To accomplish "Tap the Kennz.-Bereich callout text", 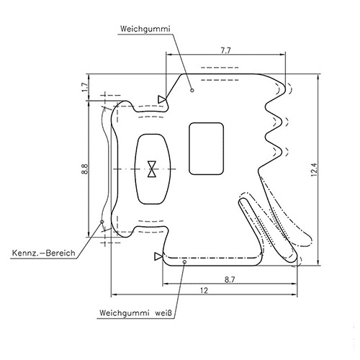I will (44, 253).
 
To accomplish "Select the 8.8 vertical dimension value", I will (84, 169).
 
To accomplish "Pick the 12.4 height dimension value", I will (315, 171).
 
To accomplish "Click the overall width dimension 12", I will (204, 290).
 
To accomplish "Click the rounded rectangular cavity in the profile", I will (207, 148).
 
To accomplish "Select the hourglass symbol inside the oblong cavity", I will (152, 169).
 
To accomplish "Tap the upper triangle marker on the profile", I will (163, 99).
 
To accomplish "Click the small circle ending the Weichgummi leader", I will (192, 90).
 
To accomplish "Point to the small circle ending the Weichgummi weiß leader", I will (185, 264).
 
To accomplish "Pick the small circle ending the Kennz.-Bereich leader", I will (102, 222).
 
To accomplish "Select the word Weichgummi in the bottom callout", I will (123, 314).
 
